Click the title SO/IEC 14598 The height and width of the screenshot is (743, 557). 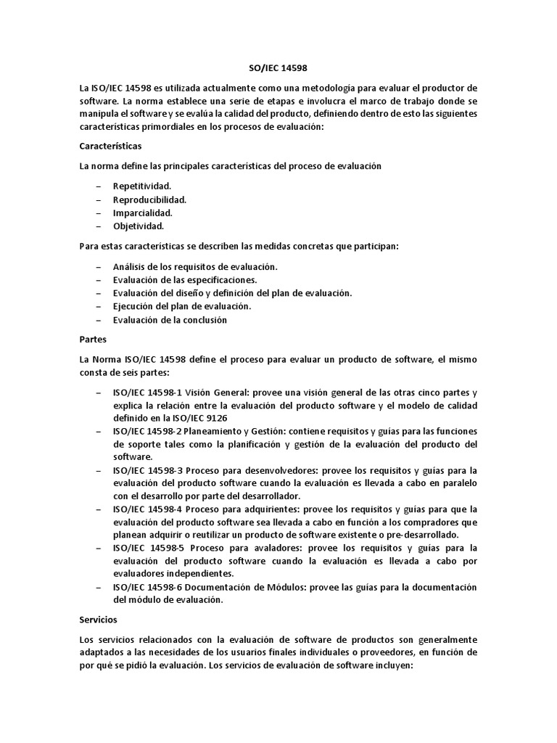pyautogui.click(x=278, y=69)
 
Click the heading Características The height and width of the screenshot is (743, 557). pyautogui.click(x=110, y=146)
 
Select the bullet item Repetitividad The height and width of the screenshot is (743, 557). pyautogui.click(x=142, y=186)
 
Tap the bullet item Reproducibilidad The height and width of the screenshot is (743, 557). pyautogui.click(x=149, y=200)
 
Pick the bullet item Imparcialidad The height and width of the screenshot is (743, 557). pyautogui.click(x=143, y=213)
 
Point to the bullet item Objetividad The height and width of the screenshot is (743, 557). pyautogui.click(x=139, y=226)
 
